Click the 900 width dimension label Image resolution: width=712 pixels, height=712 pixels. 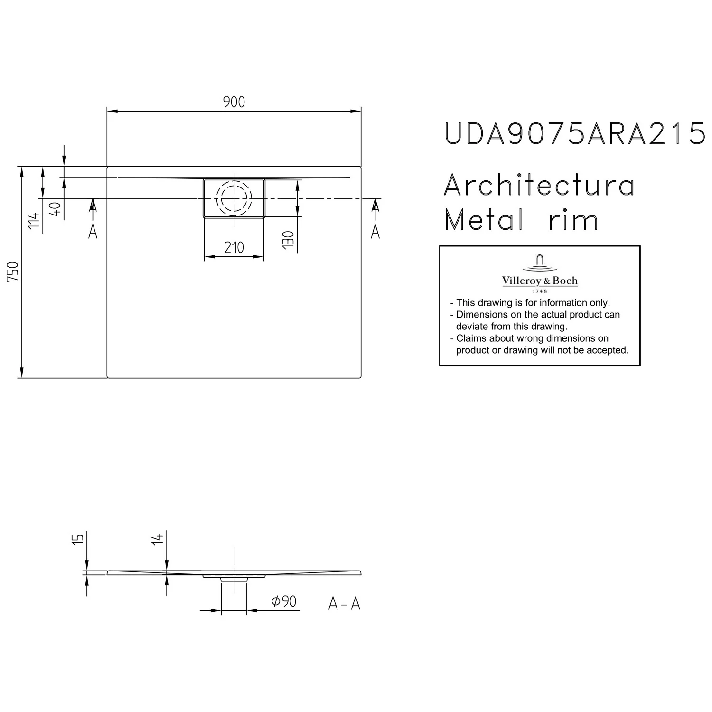point(234,102)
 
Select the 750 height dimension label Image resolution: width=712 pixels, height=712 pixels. point(14,272)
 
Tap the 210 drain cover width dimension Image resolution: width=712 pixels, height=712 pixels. point(234,247)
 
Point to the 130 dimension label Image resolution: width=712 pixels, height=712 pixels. point(288,240)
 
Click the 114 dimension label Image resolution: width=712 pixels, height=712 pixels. point(33,221)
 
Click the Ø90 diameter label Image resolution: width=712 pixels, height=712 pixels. point(284,601)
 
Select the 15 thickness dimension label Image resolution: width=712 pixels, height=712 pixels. point(79,538)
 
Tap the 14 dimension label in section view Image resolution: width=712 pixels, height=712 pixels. point(158,538)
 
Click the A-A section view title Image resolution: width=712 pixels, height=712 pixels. point(345,604)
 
